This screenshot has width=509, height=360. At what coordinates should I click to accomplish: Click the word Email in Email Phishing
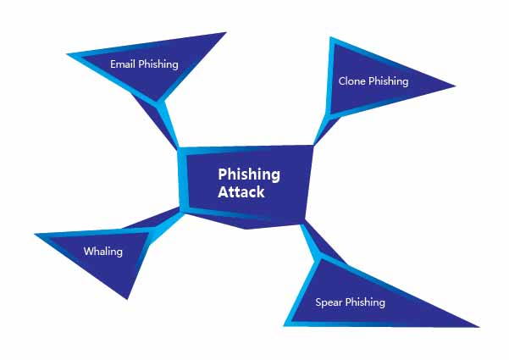click(x=123, y=64)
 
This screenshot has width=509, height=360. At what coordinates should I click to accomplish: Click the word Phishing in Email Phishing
click(x=158, y=64)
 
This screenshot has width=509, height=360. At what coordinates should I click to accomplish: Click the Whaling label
click(x=103, y=252)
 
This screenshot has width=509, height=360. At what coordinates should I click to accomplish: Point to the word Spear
click(x=329, y=303)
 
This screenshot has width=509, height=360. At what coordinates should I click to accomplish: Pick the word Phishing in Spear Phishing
click(x=365, y=303)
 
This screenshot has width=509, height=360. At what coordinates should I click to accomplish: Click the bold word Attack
click(x=241, y=191)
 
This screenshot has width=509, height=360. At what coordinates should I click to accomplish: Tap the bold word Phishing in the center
click(x=249, y=175)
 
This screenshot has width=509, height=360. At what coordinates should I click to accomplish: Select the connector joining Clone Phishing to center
click(x=326, y=130)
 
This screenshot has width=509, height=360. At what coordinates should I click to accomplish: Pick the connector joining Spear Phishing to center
click(x=320, y=241)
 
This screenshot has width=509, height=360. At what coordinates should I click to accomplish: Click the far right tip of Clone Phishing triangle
click(x=456, y=86)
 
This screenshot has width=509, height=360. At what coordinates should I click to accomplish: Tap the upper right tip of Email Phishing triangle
click(x=226, y=32)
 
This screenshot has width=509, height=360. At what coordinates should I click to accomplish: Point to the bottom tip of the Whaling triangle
click(x=127, y=299)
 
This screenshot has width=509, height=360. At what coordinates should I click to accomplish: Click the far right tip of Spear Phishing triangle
click(x=479, y=327)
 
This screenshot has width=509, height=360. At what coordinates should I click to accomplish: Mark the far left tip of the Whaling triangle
click(x=35, y=234)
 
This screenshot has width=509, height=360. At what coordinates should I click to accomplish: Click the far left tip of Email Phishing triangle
click(x=67, y=54)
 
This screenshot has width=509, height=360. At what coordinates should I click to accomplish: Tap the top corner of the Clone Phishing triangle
click(x=330, y=37)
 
